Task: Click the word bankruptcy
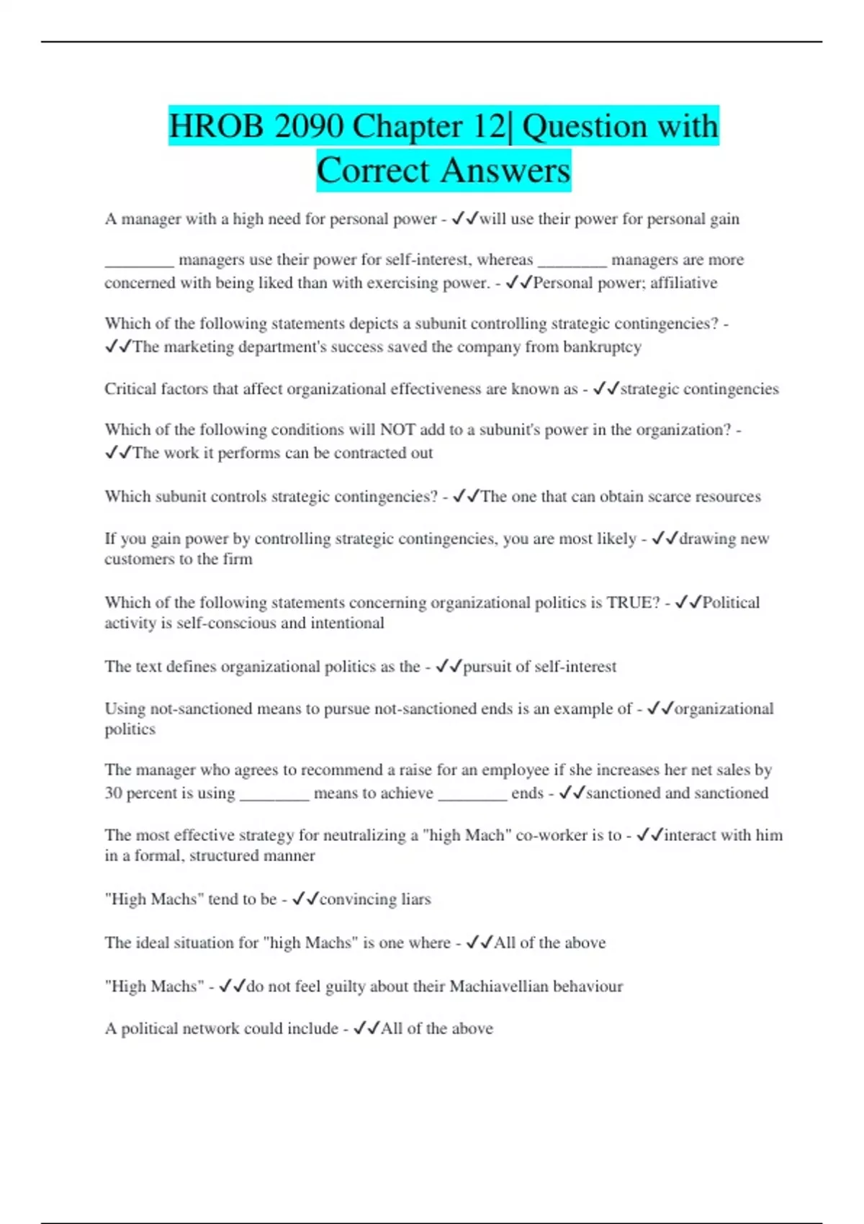602,347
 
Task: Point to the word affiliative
683,283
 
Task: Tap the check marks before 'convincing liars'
305,899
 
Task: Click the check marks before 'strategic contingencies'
606,390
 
